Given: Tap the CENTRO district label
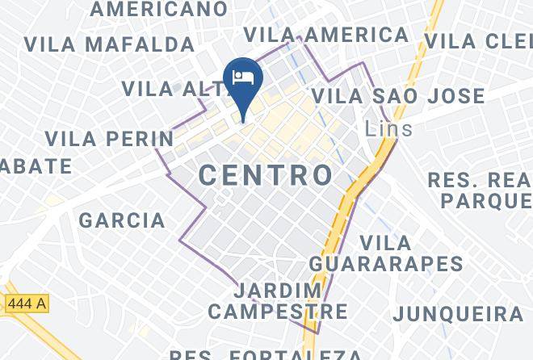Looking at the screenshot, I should coord(266,174).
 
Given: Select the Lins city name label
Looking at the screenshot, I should coord(388,128).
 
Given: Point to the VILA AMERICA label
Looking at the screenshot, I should coord(326,35).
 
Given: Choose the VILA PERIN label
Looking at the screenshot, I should coord(109,139).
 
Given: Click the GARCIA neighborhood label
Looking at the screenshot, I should coord(122,220).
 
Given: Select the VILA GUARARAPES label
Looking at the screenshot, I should coord(386,253).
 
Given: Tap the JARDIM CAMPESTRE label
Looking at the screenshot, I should coord(278,300).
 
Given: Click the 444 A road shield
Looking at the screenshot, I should coord(27,304).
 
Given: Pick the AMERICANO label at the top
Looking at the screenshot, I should coord(159,9).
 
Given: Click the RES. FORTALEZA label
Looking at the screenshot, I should coord(266,354).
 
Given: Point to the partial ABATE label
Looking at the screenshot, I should coord(36,166).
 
